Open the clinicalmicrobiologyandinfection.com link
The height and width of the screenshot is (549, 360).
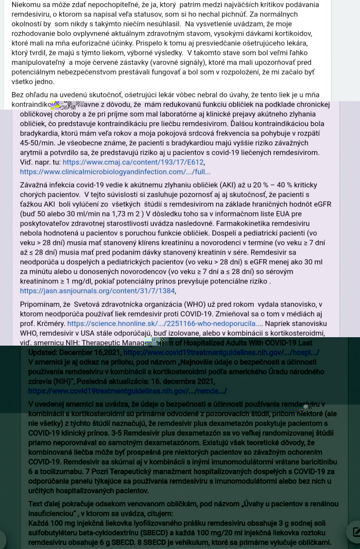tap(115, 172)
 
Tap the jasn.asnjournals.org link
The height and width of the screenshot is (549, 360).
tap(98, 291)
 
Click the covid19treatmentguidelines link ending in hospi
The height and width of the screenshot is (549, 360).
tap(221, 352)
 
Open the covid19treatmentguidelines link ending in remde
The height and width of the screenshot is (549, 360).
tap(127, 391)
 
